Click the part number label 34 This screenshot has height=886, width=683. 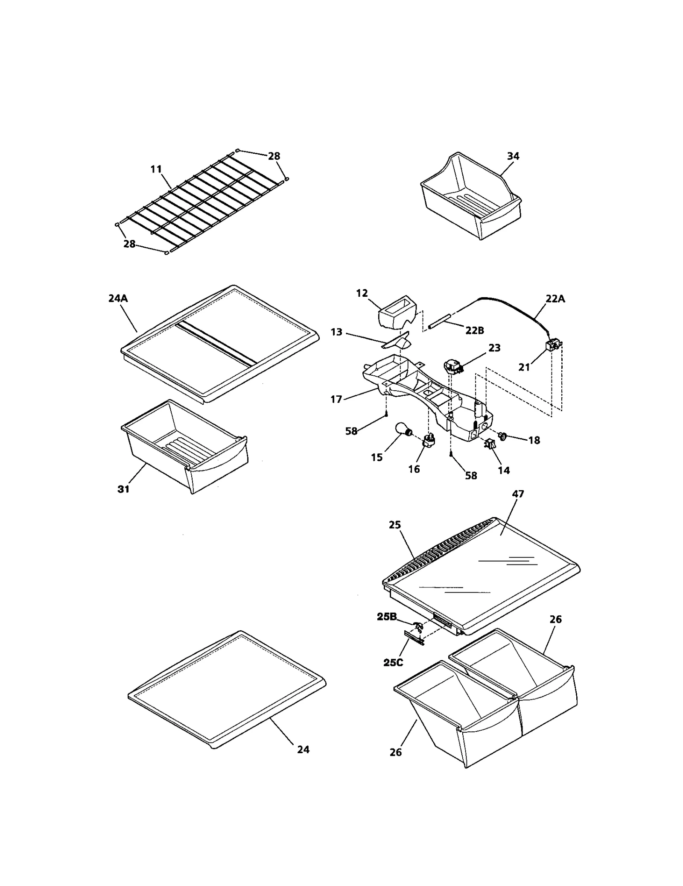coord(513,156)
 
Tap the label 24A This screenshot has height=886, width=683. coord(118,298)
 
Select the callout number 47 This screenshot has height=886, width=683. coord(517,494)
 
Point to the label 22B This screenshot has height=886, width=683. coord(475,330)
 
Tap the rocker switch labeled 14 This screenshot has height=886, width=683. coord(489,444)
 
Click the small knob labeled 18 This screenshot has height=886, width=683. coord(502,436)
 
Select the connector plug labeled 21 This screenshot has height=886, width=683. coord(553,345)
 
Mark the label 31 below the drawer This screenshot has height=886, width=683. coord(123,489)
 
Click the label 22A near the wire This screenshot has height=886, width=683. coord(555,299)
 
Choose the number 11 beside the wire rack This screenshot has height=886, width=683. coord(156,169)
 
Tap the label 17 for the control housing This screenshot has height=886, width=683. coord(336,399)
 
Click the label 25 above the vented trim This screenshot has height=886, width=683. coord(395,525)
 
